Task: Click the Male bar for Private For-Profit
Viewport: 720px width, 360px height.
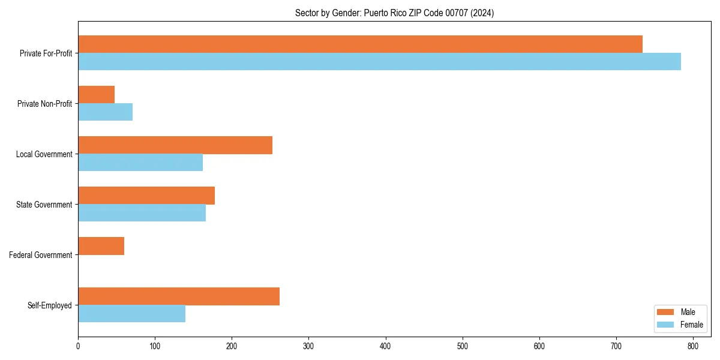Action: (x=360, y=44)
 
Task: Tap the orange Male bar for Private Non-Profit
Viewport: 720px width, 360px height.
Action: (x=96, y=95)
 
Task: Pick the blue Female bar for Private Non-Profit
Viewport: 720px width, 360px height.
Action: (x=105, y=112)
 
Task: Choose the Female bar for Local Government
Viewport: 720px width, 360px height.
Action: (x=140, y=163)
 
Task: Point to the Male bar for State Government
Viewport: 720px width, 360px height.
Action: (x=146, y=196)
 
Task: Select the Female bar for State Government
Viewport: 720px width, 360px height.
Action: (x=142, y=213)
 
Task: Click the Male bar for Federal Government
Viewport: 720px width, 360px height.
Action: (x=101, y=246)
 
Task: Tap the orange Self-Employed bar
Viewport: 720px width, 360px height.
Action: (x=179, y=296)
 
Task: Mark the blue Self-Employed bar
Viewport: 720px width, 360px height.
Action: (x=131, y=314)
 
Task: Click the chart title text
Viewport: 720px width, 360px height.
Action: (x=394, y=13)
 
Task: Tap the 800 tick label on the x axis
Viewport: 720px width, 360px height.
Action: (x=693, y=346)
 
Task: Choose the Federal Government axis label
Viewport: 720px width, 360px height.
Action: (x=41, y=255)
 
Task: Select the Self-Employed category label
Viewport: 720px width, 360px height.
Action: (x=50, y=305)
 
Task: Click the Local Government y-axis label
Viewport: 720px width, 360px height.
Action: (x=44, y=154)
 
